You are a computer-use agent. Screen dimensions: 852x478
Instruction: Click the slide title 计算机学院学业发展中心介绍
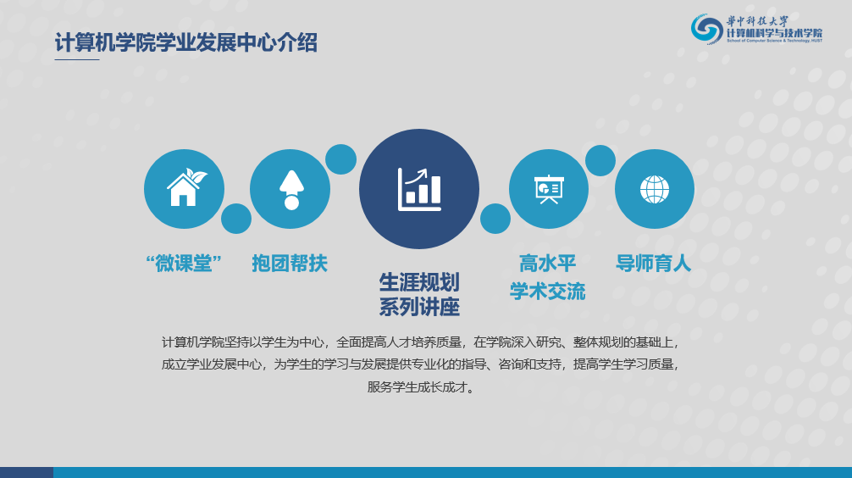pos(185,42)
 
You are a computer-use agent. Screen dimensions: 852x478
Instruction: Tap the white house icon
pos(186,187)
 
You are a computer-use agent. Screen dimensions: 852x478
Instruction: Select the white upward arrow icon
pos(291,189)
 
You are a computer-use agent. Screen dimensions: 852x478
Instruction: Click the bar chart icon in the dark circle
pos(419,189)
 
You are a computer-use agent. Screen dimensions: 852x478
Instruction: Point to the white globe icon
pos(654,189)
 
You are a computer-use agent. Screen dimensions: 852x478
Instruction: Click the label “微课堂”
pos(184,264)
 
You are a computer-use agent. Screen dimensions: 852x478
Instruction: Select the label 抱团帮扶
pos(290,264)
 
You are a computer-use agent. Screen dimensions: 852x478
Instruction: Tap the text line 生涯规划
pos(419,282)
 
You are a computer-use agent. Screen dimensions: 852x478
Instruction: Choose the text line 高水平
pos(547,264)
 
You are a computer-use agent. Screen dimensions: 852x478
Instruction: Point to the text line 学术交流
pos(547,292)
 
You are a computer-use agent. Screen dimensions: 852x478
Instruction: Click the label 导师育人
pos(653,264)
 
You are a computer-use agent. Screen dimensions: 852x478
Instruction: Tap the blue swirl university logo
pos(707,28)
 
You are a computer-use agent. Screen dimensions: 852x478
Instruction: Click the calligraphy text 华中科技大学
pos(757,21)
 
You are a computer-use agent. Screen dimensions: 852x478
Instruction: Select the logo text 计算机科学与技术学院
pos(775,33)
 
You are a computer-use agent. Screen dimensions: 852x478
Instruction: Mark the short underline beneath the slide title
pos(77,59)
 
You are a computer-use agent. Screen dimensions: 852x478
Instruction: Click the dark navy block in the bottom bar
pos(26,472)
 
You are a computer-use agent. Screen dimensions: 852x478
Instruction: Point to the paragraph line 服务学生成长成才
pos(418,387)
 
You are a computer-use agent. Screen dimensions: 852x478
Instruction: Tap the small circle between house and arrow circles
pos(236,219)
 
